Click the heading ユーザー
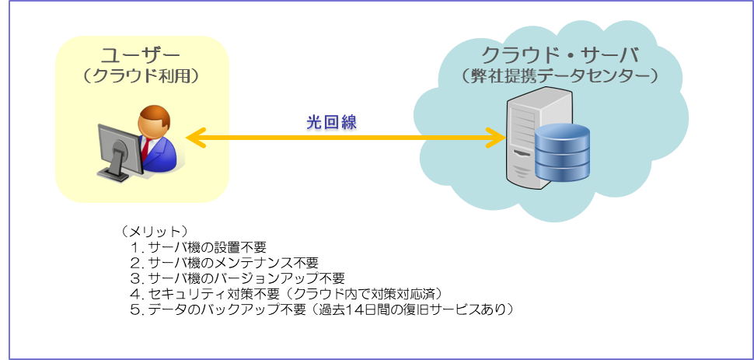pyautogui.click(x=141, y=55)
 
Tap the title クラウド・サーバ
pyautogui.click(x=559, y=56)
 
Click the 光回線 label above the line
pyautogui.click(x=333, y=124)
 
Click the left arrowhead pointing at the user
pyautogui.click(x=194, y=138)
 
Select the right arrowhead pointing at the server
pyautogui.click(x=497, y=138)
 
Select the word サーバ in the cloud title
pyautogui.click(x=613, y=56)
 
